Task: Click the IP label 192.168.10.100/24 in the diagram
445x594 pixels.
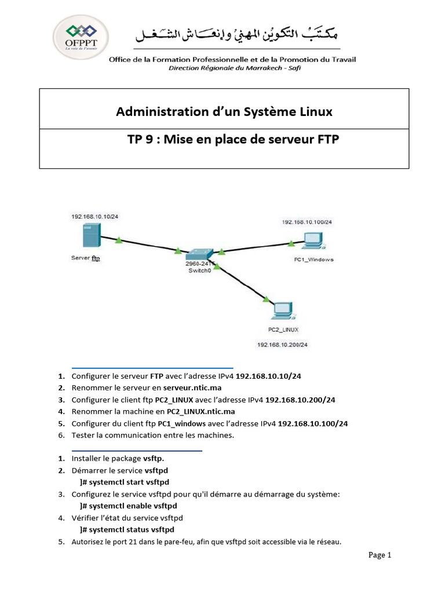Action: pos(307,222)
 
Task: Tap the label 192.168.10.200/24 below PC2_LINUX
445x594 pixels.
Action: pos(283,344)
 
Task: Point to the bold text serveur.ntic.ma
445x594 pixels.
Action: pos(192,387)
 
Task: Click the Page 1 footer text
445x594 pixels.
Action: pos(380,555)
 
